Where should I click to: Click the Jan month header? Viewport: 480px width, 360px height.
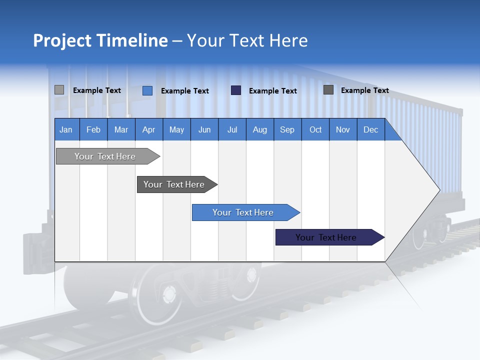click(66, 129)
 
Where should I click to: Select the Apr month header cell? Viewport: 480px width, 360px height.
click(149, 129)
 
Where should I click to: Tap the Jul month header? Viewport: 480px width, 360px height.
click(232, 129)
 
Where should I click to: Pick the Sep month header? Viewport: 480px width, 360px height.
click(287, 129)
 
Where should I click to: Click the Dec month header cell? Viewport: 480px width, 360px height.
click(370, 129)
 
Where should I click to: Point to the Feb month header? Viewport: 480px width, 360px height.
click(93, 129)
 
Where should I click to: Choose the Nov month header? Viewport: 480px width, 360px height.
click(343, 129)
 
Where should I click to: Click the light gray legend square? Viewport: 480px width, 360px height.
click(59, 90)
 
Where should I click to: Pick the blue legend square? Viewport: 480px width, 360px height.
click(147, 90)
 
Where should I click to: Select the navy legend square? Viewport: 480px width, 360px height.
click(236, 90)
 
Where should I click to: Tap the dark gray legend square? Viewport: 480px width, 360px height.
click(328, 90)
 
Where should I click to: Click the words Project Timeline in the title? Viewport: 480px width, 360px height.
click(100, 40)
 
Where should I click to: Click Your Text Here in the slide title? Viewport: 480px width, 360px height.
click(247, 40)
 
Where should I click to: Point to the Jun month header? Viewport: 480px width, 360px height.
click(204, 129)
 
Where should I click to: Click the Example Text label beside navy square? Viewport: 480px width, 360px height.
click(273, 91)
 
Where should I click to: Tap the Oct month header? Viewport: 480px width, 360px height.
click(315, 129)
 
